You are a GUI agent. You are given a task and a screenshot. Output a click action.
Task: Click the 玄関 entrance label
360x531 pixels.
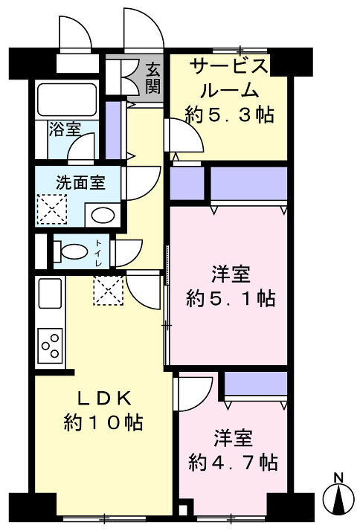click(x=152, y=79)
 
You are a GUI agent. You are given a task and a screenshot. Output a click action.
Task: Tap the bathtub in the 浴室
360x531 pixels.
click(x=67, y=100)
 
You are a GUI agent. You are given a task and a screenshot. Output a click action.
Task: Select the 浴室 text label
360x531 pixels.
click(x=65, y=129)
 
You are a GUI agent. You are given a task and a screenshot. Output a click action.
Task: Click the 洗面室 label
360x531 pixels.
click(x=80, y=183)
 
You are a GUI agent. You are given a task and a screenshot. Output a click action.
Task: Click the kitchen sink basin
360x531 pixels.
click(x=50, y=293)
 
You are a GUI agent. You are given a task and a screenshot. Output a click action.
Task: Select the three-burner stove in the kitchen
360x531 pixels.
click(x=50, y=345)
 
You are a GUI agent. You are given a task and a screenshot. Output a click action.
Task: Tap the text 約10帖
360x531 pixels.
click(x=103, y=422)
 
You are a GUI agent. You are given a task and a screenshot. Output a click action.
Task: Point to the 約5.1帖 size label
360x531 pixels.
click(x=231, y=298)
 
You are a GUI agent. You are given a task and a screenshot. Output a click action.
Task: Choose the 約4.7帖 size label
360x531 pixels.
click(x=234, y=463)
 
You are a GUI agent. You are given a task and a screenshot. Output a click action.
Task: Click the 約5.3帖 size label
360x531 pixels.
click(x=230, y=115)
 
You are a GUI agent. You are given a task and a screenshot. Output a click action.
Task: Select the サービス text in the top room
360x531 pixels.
click(x=229, y=67)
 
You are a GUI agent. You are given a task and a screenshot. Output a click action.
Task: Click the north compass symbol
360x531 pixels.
click(x=338, y=496)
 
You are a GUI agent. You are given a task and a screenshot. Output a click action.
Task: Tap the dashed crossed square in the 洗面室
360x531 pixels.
click(x=52, y=209)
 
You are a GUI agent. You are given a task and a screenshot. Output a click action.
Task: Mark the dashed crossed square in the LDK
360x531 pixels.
click(x=109, y=291)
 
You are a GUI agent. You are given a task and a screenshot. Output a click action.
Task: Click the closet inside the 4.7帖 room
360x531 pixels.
click(x=256, y=384)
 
